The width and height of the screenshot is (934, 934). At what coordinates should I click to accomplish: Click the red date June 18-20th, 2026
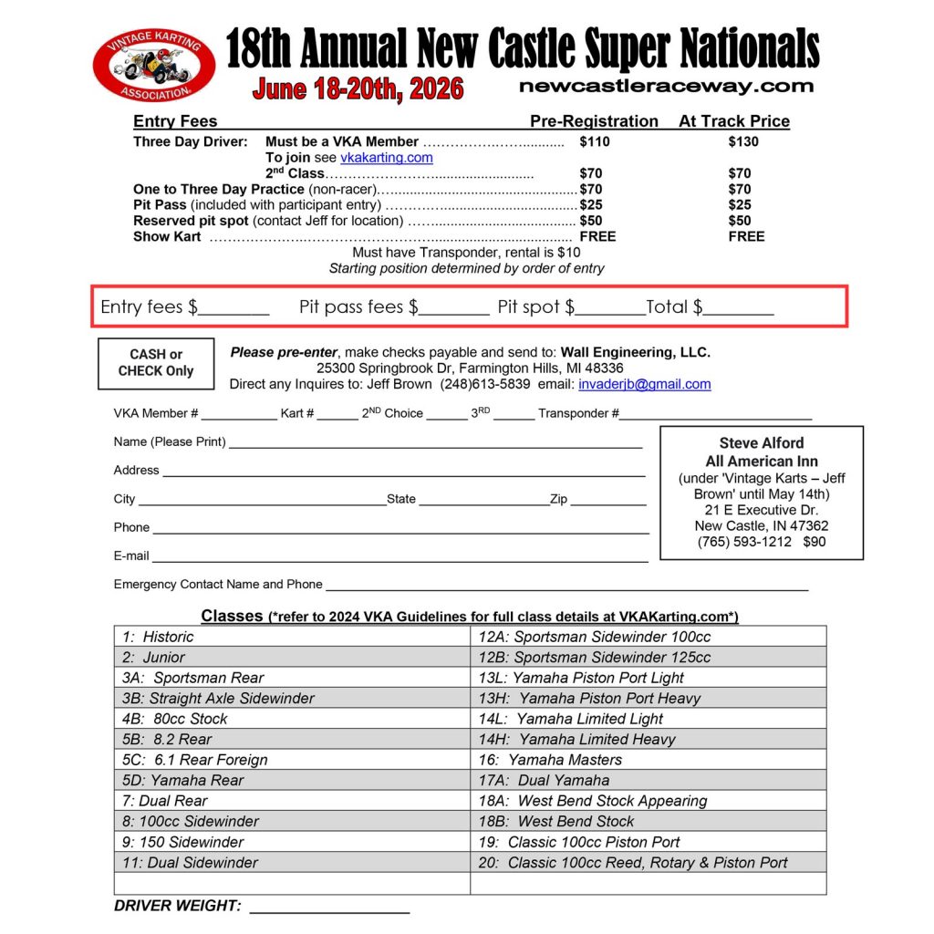pyautogui.click(x=358, y=89)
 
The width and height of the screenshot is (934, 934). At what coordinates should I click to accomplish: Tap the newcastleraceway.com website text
pyautogui.click(x=665, y=87)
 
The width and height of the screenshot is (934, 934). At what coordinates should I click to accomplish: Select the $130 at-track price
pyautogui.click(x=742, y=141)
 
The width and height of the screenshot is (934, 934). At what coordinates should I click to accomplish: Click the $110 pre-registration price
pyautogui.click(x=594, y=141)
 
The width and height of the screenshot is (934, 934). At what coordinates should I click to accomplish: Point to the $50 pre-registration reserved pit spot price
pyautogui.click(x=591, y=220)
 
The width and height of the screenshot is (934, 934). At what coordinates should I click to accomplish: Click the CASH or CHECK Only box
pyautogui.click(x=156, y=363)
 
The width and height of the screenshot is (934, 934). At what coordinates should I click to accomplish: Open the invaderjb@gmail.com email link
pyautogui.click(x=644, y=384)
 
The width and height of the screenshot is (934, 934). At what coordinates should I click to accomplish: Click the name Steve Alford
pyautogui.click(x=762, y=443)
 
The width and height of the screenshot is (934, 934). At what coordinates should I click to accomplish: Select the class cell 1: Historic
pyautogui.click(x=292, y=637)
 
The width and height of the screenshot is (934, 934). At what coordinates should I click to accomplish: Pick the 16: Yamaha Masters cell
pyautogui.click(x=648, y=760)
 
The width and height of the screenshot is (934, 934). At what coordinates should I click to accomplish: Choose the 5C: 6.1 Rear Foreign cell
pyautogui.click(x=292, y=760)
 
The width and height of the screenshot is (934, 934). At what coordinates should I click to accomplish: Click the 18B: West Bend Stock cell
pyautogui.click(x=648, y=821)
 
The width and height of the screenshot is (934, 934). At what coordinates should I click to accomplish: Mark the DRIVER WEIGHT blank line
pyautogui.click(x=329, y=908)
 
